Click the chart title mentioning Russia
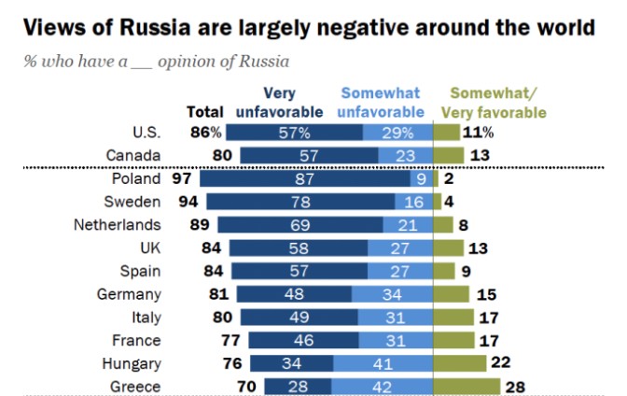coord(308,27)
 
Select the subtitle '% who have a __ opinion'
coord(156,62)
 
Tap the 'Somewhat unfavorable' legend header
coord(380,102)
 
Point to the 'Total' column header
coord(205,112)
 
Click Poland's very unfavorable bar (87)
coord(303,177)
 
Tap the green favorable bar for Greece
coord(467,386)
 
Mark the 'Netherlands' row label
coord(117,224)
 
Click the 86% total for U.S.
coord(205,133)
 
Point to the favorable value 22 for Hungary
coord(501,363)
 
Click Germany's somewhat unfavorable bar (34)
coord(392,293)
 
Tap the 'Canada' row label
coord(135,155)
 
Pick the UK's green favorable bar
coord(449,247)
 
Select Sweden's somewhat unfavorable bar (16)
coord(413,201)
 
